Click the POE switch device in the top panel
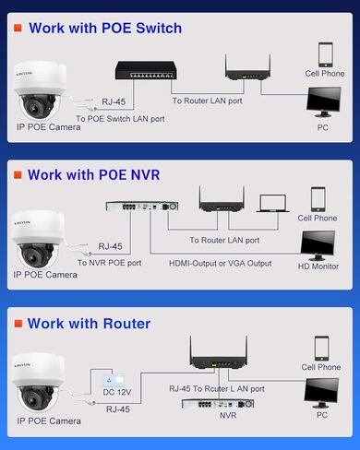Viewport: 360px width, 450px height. (x=140, y=68)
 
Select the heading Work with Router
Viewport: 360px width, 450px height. (x=89, y=324)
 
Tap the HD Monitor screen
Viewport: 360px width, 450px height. (x=318, y=244)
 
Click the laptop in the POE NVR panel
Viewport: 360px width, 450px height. (x=273, y=206)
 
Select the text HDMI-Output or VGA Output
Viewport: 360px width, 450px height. (x=220, y=263)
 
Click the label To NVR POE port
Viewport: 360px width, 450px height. (x=108, y=263)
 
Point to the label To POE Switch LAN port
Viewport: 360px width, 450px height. (x=120, y=118)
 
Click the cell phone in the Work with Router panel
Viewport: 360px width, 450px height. (x=320, y=348)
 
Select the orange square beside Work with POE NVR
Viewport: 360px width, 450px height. (x=17, y=173)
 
